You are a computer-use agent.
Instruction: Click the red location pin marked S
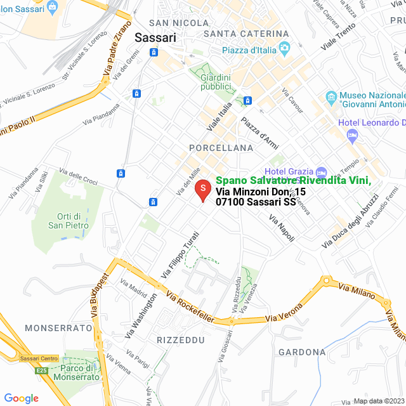[x=202, y=190]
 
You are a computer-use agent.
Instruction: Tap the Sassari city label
[x=155, y=37]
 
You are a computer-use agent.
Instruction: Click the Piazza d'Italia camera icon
[x=285, y=47]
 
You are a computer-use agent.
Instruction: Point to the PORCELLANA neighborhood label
[x=221, y=148]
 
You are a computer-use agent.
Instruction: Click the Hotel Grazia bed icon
[x=321, y=172]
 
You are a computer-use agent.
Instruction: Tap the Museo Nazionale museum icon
[x=330, y=97]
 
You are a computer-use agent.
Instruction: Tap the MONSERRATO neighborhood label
[x=58, y=328]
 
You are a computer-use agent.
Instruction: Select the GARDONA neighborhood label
[x=301, y=352]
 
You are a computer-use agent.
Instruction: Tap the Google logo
[x=22, y=398]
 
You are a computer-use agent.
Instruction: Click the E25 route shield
[x=41, y=369]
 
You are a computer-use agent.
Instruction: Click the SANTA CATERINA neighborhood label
[x=247, y=33]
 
